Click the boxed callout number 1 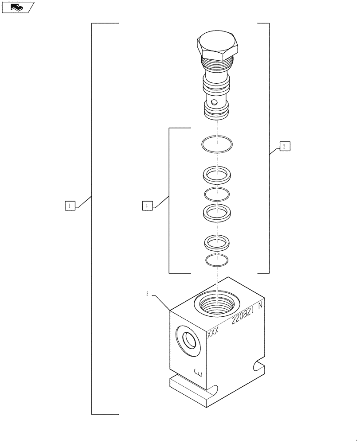tap(70, 205)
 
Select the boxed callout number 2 tap(285, 146)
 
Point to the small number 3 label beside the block tap(147, 294)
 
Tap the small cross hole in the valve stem tap(215, 103)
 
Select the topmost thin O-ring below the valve tap(216, 144)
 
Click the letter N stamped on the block tap(261, 305)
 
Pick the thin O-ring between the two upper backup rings tap(217, 193)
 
